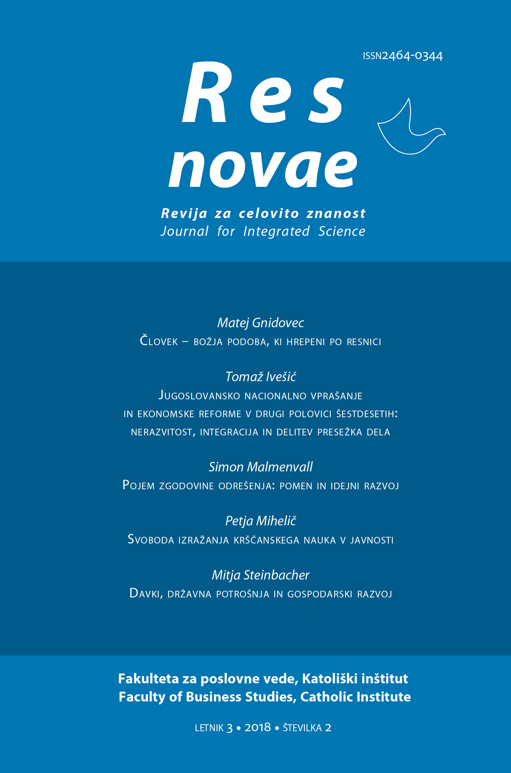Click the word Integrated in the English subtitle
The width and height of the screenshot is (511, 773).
pyautogui.click(x=276, y=232)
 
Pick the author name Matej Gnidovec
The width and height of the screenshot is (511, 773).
pyautogui.click(x=260, y=323)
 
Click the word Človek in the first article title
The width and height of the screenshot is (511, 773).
pyautogui.click(x=159, y=341)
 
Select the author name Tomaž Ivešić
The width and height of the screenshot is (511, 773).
pyautogui.click(x=260, y=377)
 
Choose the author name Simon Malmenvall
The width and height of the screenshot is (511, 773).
pyautogui.click(x=260, y=467)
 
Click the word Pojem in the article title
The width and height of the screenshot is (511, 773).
pyautogui.click(x=138, y=485)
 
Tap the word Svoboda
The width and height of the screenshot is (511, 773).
pyautogui.click(x=151, y=540)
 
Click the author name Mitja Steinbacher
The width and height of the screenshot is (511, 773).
pyautogui.click(x=260, y=575)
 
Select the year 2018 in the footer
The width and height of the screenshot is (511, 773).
pyautogui.click(x=258, y=727)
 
